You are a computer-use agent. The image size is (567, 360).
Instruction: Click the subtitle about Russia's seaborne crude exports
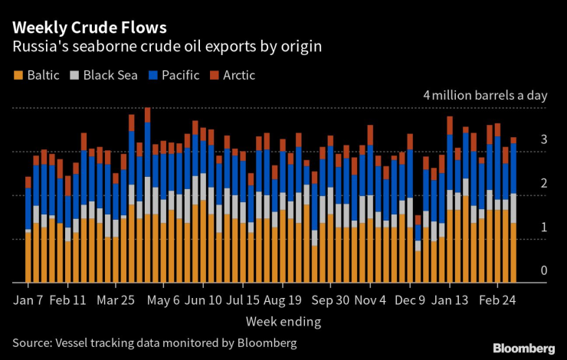pos(166,47)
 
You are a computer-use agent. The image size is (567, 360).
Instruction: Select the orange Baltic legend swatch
pos(18,75)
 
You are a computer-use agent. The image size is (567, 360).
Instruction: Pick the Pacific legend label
pos(179,75)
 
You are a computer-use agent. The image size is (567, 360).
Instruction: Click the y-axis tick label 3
pos(543,140)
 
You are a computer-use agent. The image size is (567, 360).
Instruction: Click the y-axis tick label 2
pos(543,184)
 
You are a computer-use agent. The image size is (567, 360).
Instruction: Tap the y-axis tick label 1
pos(543,227)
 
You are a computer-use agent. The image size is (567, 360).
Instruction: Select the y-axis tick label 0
pos(543,270)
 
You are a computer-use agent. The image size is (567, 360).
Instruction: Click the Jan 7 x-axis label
pos(29,299)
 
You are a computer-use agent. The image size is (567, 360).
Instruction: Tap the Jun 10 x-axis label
pos(204,299)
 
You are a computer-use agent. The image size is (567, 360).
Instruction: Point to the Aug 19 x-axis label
pos(283,299)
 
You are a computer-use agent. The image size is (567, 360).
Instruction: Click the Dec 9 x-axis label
pos(408,299)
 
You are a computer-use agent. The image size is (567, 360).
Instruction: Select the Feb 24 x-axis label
pos(497,299)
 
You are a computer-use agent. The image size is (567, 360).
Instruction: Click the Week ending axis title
pos(283,321)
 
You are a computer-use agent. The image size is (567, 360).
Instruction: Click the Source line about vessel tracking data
pos(154,342)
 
